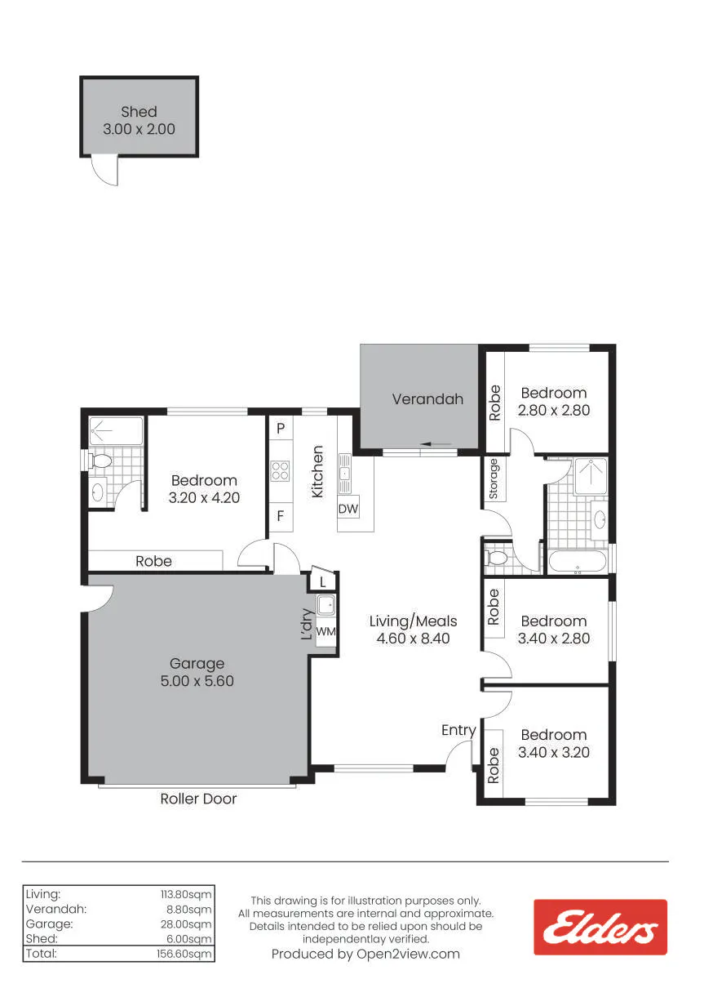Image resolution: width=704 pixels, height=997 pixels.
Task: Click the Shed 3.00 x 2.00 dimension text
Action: tap(139, 129)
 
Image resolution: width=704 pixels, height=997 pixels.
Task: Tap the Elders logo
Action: tap(600, 927)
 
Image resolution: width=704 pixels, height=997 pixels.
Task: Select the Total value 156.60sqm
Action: tap(184, 954)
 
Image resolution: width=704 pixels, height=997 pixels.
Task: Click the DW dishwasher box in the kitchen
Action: tap(348, 509)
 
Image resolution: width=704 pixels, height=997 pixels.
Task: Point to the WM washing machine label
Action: tap(325, 631)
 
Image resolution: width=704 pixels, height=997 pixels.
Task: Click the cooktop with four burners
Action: tap(280, 470)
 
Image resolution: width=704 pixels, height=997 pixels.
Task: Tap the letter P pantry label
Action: tap(281, 428)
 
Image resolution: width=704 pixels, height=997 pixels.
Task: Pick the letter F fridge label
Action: tap(280, 516)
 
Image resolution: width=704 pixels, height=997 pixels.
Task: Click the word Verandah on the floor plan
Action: tap(427, 398)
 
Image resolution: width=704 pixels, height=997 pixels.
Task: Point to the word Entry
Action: tap(458, 730)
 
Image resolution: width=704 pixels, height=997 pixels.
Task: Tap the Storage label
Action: tap(494, 479)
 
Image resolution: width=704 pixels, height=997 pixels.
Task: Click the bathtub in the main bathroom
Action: tap(577, 562)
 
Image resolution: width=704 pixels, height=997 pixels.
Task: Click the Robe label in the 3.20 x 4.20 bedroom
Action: tap(153, 561)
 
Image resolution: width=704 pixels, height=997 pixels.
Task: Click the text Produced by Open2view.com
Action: tap(365, 954)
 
